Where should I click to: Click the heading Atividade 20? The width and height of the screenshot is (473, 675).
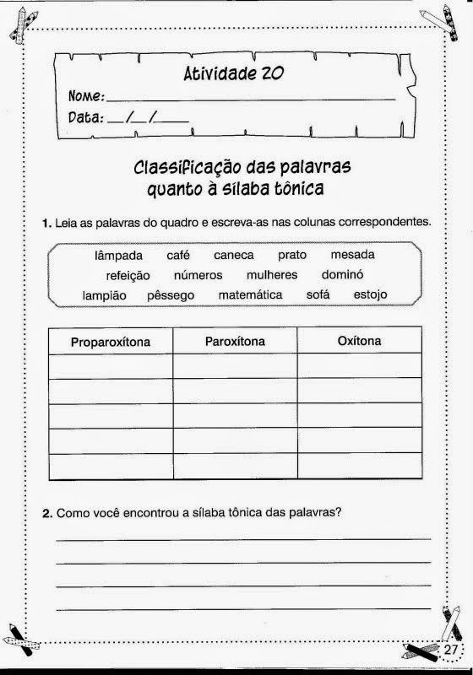[x=234, y=74]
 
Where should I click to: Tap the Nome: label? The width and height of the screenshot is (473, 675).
[x=86, y=96]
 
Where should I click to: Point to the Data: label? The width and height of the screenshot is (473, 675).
[x=85, y=118]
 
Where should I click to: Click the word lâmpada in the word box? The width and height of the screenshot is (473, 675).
[x=119, y=255]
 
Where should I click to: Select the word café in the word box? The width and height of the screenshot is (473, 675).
[x=178, y=255]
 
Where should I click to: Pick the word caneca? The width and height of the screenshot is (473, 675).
[x=234, y=255]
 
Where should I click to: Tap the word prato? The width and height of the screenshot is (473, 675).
[x=292, y=255]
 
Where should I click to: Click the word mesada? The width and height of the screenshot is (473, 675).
[x=353, y=255]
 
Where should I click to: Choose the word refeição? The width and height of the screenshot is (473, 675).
[x=128, y=275]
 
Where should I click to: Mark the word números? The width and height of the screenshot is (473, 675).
[x=198, y=275]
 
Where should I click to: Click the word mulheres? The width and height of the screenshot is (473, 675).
[x=272, y=275]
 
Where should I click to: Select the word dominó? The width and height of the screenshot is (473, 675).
[x=342, y=275]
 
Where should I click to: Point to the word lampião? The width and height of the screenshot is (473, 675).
[x=105, y=296]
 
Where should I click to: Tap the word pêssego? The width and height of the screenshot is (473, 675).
[x=171, y=296]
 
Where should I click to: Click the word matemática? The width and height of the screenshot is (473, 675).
[x=250, y=296]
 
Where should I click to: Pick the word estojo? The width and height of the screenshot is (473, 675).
[x=370, y=296]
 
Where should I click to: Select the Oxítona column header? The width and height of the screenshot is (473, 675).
[x=359, y=341]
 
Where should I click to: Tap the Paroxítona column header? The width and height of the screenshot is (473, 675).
[x=235, y=341]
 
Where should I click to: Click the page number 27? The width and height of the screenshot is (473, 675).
[x=449, y=651]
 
